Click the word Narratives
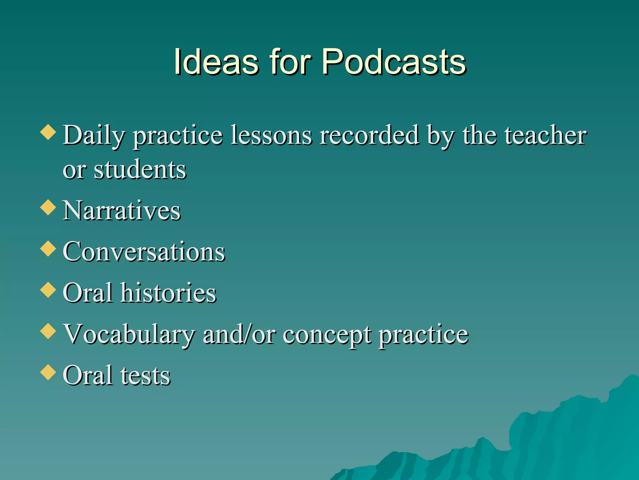(x=122, y=211)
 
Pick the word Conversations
(x=144, y=252)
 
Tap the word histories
(x=168, y=293)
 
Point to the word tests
(x=145, y=375)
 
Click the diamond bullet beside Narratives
(x=48, y=207)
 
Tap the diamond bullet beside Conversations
(x=48, y=248)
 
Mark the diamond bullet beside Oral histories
(x=48, y=289)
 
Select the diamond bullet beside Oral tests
(x=48, y=372)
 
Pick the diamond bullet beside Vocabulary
(x=48, y=331)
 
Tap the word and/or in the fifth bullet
(x=239, y=334)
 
